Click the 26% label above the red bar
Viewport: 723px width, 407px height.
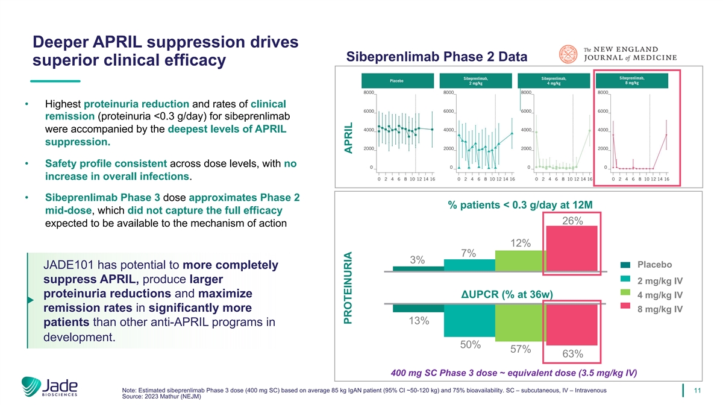coord(572,221)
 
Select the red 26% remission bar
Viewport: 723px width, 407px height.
coord(572,249)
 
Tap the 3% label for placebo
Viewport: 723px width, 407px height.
coord(418,260)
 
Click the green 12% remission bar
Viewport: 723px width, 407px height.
coord(520,261)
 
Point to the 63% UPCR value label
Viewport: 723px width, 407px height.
coord(572,353)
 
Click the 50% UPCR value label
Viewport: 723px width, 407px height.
coord(470,345)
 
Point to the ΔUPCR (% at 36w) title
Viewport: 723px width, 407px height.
coord(507,294)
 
